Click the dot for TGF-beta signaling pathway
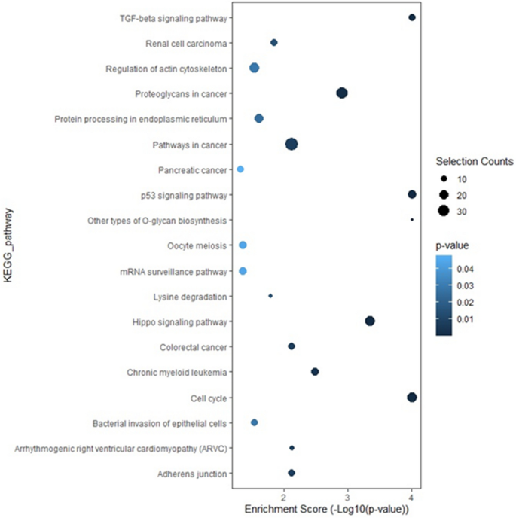click(411, 17)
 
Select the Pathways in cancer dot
click(291, 144)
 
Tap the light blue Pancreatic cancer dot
click(240, 169)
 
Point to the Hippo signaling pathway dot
click(370, 321)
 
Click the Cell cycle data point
click(411, 398)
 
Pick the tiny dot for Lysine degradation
click(270, 296)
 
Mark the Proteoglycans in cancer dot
click(341, 93)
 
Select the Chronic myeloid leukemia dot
click(315, 372)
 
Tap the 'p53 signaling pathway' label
click(184, 195)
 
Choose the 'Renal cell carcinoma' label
click(188, 43)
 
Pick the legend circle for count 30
click(443, 211)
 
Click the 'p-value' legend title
click(450, 245)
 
